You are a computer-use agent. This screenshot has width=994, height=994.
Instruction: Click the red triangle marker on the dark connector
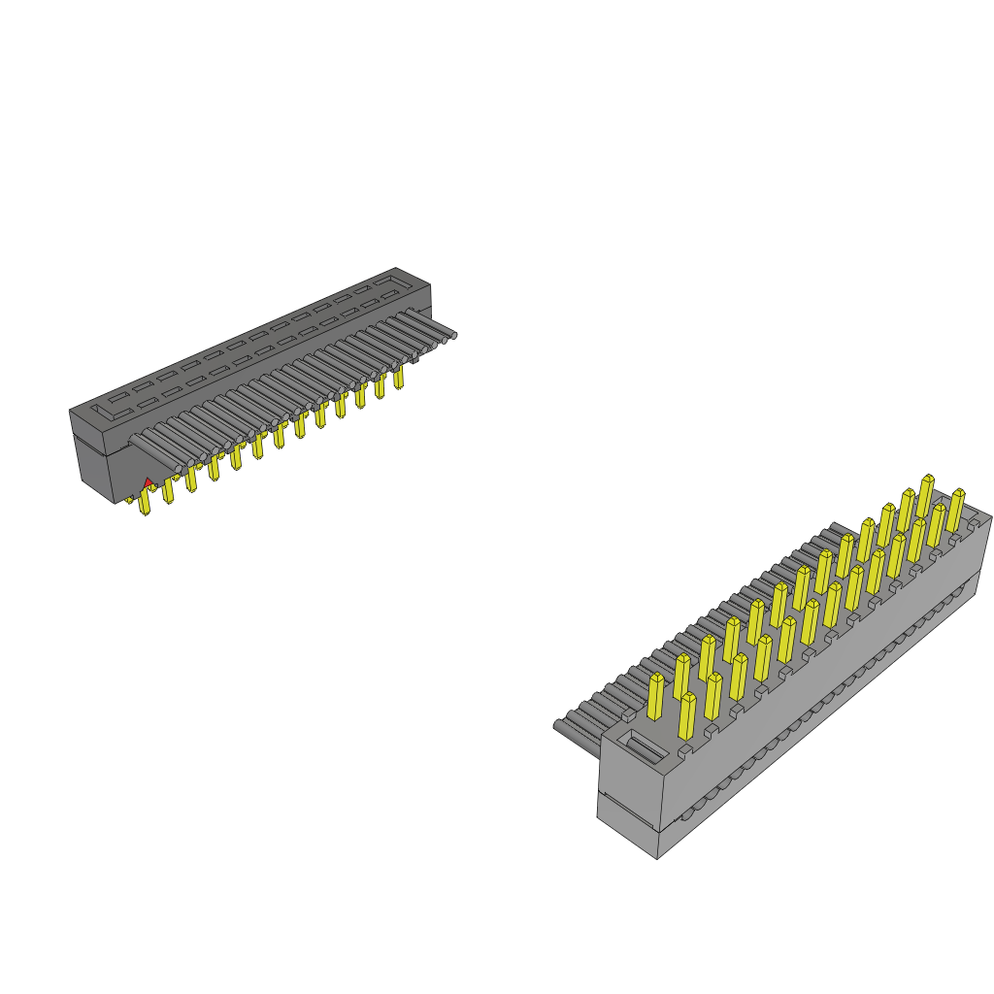pos(148,481)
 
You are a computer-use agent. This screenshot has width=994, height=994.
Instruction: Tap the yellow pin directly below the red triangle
pos(147,501)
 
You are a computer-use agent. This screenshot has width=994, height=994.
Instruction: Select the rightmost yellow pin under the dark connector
pos(398,377)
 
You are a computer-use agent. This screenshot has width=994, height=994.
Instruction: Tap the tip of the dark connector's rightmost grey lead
pos(452,336)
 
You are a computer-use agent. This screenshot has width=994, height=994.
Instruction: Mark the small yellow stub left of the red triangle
pos(129,499)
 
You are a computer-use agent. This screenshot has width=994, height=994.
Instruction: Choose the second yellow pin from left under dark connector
pos(168,490)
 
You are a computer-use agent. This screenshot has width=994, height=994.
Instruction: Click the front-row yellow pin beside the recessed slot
pos(687,716)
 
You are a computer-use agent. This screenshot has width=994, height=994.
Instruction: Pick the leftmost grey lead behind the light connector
pos(568,724)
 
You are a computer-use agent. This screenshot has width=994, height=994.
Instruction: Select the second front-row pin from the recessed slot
pos(713,696)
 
